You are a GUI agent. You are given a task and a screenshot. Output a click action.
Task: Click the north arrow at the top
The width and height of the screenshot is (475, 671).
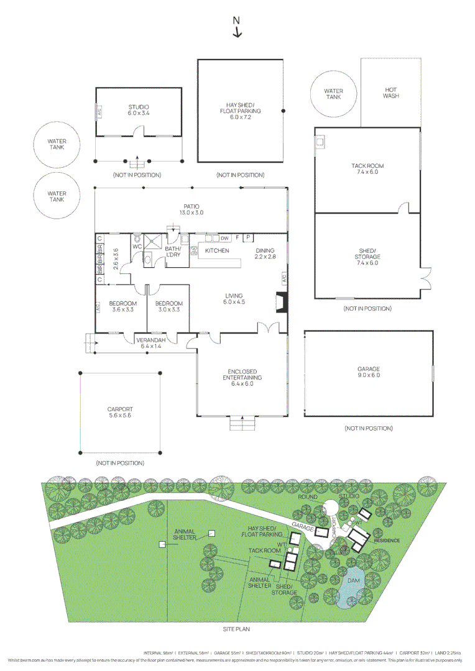coord(237,29)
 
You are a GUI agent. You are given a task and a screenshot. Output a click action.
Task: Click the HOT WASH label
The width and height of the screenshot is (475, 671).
coord(390,93)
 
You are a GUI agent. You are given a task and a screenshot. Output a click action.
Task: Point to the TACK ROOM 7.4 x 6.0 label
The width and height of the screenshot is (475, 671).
coord(367,169)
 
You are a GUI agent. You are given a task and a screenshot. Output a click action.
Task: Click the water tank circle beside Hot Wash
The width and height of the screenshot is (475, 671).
coord(333,94)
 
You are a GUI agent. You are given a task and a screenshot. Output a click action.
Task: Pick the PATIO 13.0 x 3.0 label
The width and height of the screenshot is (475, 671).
coord(191,209)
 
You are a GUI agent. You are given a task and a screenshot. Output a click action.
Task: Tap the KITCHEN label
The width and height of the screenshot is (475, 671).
coord(217,250)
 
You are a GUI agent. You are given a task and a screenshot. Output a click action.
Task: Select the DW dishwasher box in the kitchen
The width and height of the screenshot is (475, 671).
coord(224,237)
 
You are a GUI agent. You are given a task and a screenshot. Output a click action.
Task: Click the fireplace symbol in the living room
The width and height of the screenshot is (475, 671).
coord(279,303)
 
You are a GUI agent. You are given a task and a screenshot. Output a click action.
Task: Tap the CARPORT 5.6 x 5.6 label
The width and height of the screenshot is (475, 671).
coord(120,413)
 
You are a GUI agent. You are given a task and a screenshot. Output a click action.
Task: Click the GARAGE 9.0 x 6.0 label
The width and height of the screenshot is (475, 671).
coord(368,372)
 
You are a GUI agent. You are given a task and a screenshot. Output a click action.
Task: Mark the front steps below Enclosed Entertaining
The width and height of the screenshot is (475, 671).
coord(242,424)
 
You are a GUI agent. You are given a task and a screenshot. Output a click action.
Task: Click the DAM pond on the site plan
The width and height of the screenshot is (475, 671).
coord(353,582)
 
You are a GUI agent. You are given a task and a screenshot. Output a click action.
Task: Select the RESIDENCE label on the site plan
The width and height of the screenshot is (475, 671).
coord(386,540)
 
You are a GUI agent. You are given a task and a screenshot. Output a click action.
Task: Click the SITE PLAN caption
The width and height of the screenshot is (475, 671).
coord(236,629)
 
